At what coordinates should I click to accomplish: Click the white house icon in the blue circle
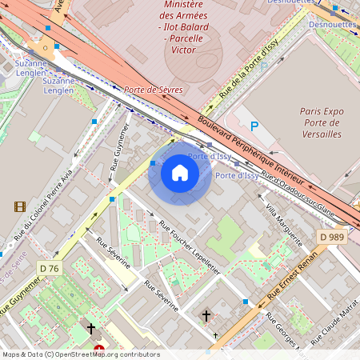[x=180, y=173]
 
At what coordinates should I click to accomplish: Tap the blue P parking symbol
[x=255, y=126]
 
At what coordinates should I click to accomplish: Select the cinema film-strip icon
[x=19, y=206]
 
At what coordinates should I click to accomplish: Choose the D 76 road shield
[x=50, y=268]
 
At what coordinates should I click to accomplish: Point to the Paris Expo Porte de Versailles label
[x=321, y=122]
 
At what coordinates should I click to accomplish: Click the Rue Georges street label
[x=279, y=331]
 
